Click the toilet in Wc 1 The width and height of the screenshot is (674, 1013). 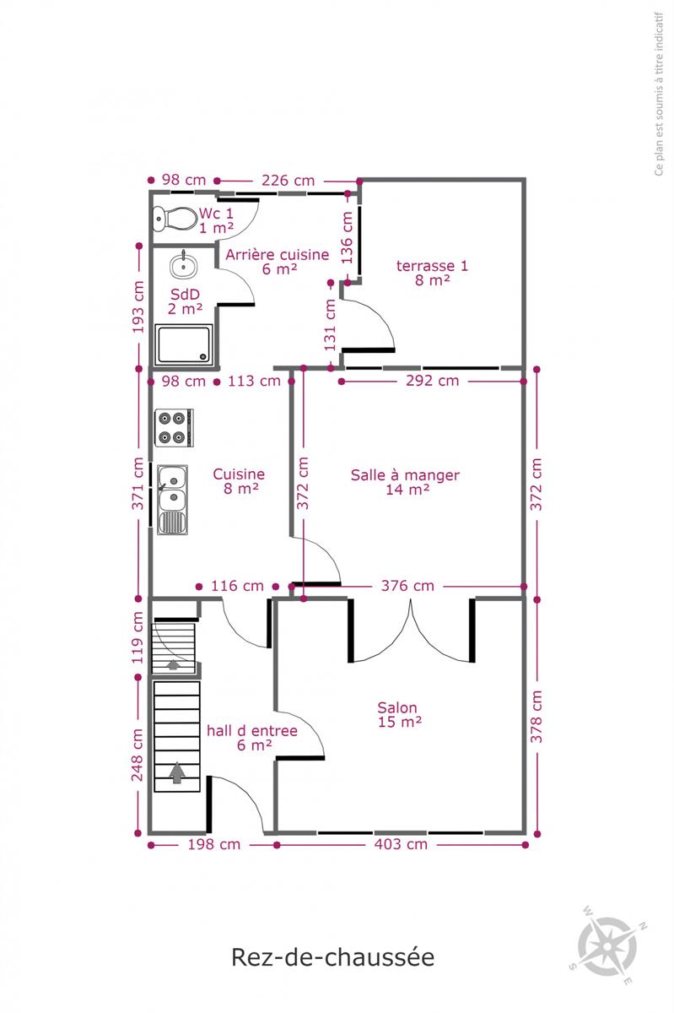pyautogui.click(x=175, y=219)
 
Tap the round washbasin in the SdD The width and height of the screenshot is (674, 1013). pyautogui.click(x=183, y=266)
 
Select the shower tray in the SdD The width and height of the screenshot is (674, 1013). pyautogui.click(x=184, y=344)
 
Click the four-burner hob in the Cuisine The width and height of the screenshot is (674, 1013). pyautogui.click(x=174, y=427)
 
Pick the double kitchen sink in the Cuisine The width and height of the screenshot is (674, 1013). pyautogui.click(x=172, y=500)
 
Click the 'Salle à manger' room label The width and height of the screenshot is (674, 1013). pyautogui.click(x=405, y=475)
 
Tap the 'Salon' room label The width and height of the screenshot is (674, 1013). pyautogui.click(x=397, y=707)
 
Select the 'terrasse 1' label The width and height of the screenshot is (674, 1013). pyautogui.click(x=432, y=265)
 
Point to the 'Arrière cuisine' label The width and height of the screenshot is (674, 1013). pyautogui.click(x=277, y=255)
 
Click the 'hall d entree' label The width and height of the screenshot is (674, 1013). pyautogui.click(x=252, y=731)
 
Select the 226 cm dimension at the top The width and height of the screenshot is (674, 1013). pyautogui.click(x=288, y=181)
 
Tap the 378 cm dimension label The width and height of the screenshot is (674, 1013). pyautogui.click(x=537, y=717)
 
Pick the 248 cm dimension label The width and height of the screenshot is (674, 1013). pyautogui.click(x=137, y=755)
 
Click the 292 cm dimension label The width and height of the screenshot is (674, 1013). pyautogui.click(x=432, y=381)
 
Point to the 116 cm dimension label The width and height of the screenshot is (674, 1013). pyautogui.click(x=237, y=586)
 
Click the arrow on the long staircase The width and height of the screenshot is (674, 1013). pyautogui.click(x=177, y=772)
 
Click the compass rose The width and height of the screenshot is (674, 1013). pyautogui.click(x=608, y=946)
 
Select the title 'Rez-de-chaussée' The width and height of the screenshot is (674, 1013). pyautogui.click(x=333, y=957)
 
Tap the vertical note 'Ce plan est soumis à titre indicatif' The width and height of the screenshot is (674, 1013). pyautogui.click(x=659, y=94)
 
